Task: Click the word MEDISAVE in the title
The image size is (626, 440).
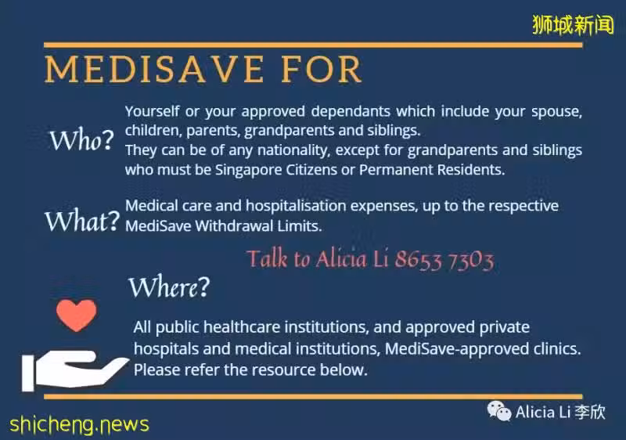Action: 154,69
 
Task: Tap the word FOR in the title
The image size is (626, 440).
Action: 322,69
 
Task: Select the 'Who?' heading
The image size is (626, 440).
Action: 81,140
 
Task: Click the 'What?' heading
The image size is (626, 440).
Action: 82,221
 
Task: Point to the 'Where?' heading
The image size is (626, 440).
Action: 169,287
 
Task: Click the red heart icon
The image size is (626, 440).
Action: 76,315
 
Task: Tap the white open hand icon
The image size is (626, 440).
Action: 74,370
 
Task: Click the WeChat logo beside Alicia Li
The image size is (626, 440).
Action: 498,411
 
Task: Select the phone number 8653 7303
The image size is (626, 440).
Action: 444,259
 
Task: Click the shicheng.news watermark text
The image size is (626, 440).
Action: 79,424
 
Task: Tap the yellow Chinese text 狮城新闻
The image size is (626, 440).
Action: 573,25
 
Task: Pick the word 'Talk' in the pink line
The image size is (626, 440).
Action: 267,258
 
